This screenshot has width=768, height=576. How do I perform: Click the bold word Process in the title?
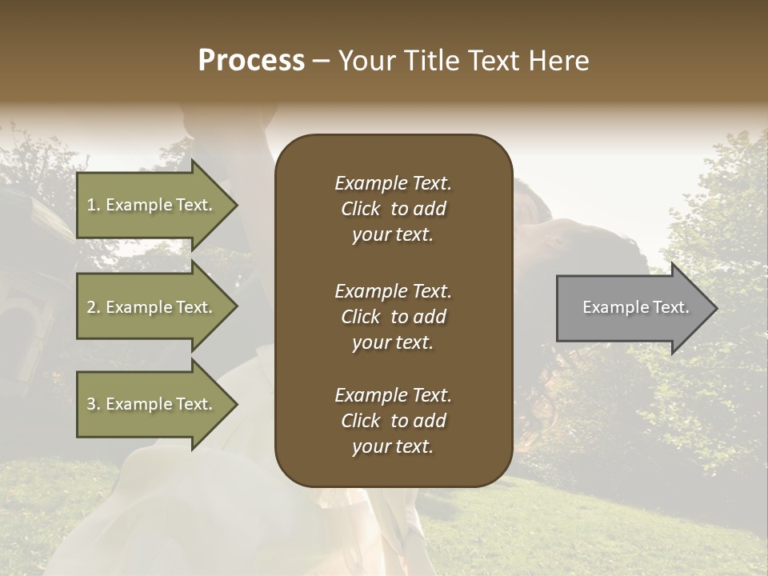251,61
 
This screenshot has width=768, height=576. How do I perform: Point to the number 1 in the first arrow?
91,205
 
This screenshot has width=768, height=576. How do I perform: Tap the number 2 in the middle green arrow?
91,307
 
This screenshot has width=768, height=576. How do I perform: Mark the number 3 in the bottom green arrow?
91,404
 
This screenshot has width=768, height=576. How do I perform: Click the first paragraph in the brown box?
393,209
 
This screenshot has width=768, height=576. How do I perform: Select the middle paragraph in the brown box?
393,317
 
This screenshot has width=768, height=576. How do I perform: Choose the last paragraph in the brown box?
393,421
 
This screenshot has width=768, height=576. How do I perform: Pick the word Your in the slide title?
365,61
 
